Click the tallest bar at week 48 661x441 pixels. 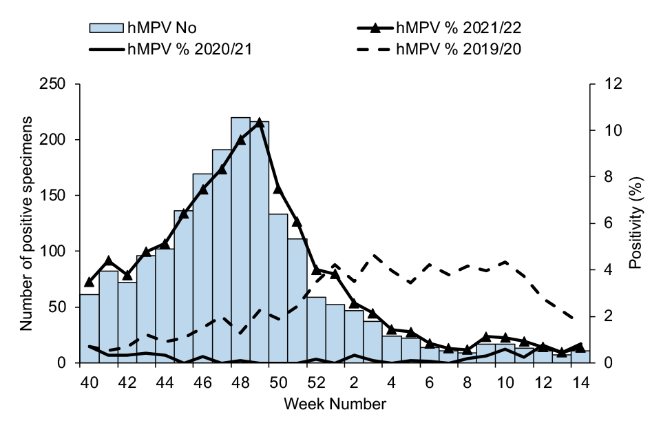(x=240, y=241)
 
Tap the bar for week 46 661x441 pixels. (x=202, y=269)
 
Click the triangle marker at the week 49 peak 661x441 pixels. (x=260, y=123)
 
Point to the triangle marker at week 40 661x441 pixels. (x=90, y=282)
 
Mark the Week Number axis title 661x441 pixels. (x=335, y=404)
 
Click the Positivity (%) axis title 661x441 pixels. (x=638, y=223)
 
